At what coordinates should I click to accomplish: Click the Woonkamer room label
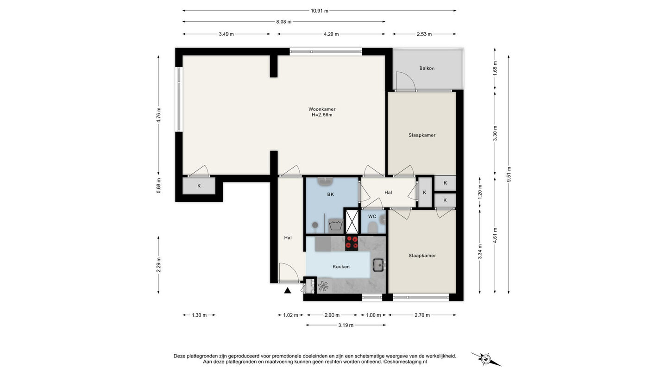point(322,109)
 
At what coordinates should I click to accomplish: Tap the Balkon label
point(427,68)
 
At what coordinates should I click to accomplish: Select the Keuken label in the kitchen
point(341,267)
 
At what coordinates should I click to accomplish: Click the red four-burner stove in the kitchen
point(352,242)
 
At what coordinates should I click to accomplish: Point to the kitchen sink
point(379,265)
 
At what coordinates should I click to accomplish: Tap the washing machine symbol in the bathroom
point(335,225)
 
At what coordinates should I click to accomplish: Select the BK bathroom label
point(330,194)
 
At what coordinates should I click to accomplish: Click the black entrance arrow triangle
point(287,290)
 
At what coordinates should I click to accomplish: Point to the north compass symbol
point(486,359)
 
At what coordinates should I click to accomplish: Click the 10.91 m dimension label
point(320,11)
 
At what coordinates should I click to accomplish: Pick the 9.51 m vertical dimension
point(509,174)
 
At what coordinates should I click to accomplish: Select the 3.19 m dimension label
point(346,325)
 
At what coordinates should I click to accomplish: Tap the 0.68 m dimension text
point(158,186)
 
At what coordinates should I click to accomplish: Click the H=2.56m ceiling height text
point(322,115)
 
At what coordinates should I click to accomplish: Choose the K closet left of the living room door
point(199,186)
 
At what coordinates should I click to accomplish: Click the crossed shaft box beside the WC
point(352,221)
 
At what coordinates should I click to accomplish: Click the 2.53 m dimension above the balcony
point(424,34)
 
